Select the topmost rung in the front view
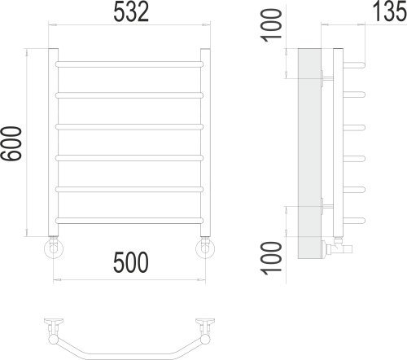pyautogui.click(x=129, y=62)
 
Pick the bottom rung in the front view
pyautogui.click(x=129, y=221)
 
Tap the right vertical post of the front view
pyautogui.click(x=205, y=143)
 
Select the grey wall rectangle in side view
pyautogui.click(x=309, y=155)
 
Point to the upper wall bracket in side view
pyautogui.click(x=328, y=78)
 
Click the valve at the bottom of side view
pyautogui.click(x=339, y=244)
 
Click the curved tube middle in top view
pyautogui.click(x=129, y=352)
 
